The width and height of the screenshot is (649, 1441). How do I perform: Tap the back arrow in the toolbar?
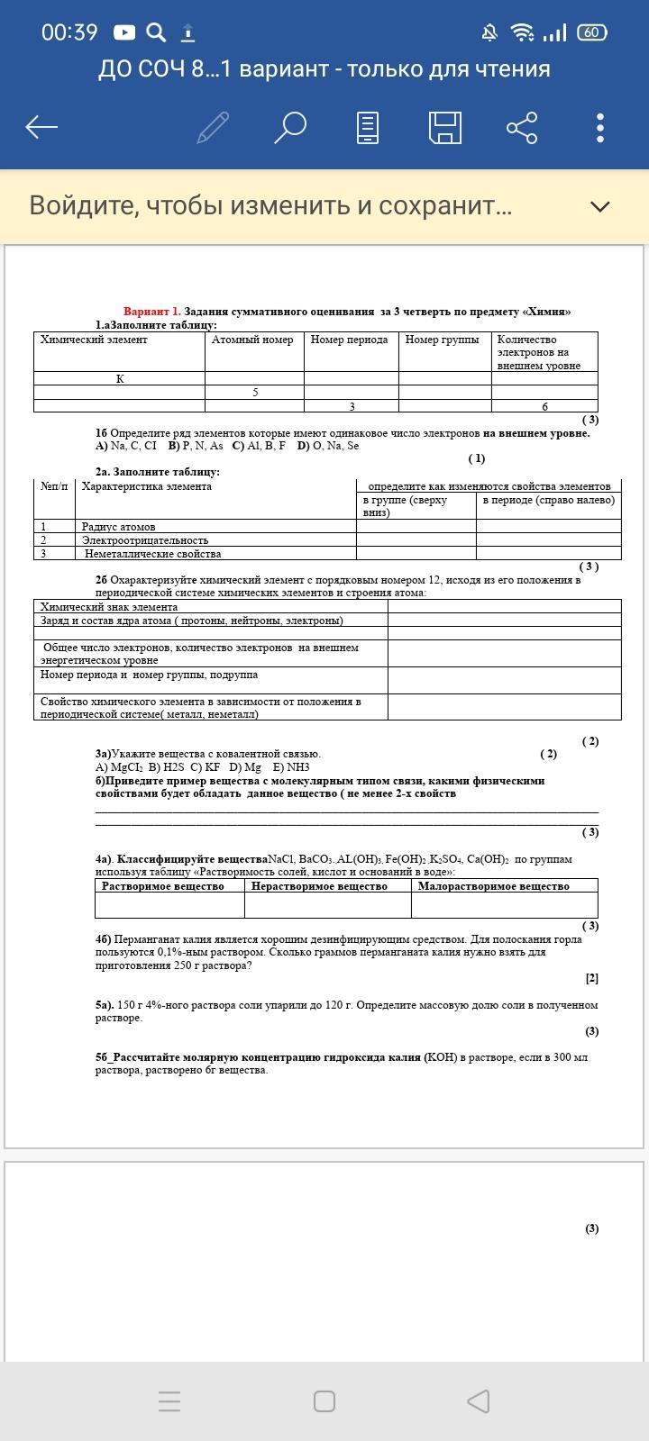[41, 127]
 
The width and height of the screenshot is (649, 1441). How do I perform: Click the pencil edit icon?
[213, 127]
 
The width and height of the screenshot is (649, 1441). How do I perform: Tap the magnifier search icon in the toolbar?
[290, 127]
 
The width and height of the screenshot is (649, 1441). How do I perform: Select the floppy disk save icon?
[445, 127]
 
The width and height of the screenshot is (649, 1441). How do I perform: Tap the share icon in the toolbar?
[522, 127]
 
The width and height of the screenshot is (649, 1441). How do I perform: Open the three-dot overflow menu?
[600, 127]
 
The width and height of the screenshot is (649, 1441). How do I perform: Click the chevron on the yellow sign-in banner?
[599, 206]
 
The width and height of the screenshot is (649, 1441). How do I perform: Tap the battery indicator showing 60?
[591, 32]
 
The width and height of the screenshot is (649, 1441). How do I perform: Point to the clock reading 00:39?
[69, 32]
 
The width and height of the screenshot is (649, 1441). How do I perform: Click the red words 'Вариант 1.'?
[151, 312]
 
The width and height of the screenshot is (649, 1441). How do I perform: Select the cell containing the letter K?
[120, 379]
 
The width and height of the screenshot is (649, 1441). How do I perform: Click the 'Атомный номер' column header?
[252, 340]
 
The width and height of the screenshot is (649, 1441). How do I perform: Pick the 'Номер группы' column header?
[442, 340]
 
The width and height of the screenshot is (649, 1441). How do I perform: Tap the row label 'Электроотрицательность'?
[145, 540]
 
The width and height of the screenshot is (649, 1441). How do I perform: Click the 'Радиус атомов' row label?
[118, 527]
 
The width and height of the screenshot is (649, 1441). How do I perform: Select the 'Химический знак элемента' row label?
[109, 607]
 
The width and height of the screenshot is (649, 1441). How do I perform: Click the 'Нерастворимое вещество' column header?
[319, 886]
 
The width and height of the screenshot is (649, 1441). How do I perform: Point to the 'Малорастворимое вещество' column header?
[493, 886]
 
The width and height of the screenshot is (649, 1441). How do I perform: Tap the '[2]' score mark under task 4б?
[591, 978]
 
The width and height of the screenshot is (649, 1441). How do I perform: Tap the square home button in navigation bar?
[324, 1401]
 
